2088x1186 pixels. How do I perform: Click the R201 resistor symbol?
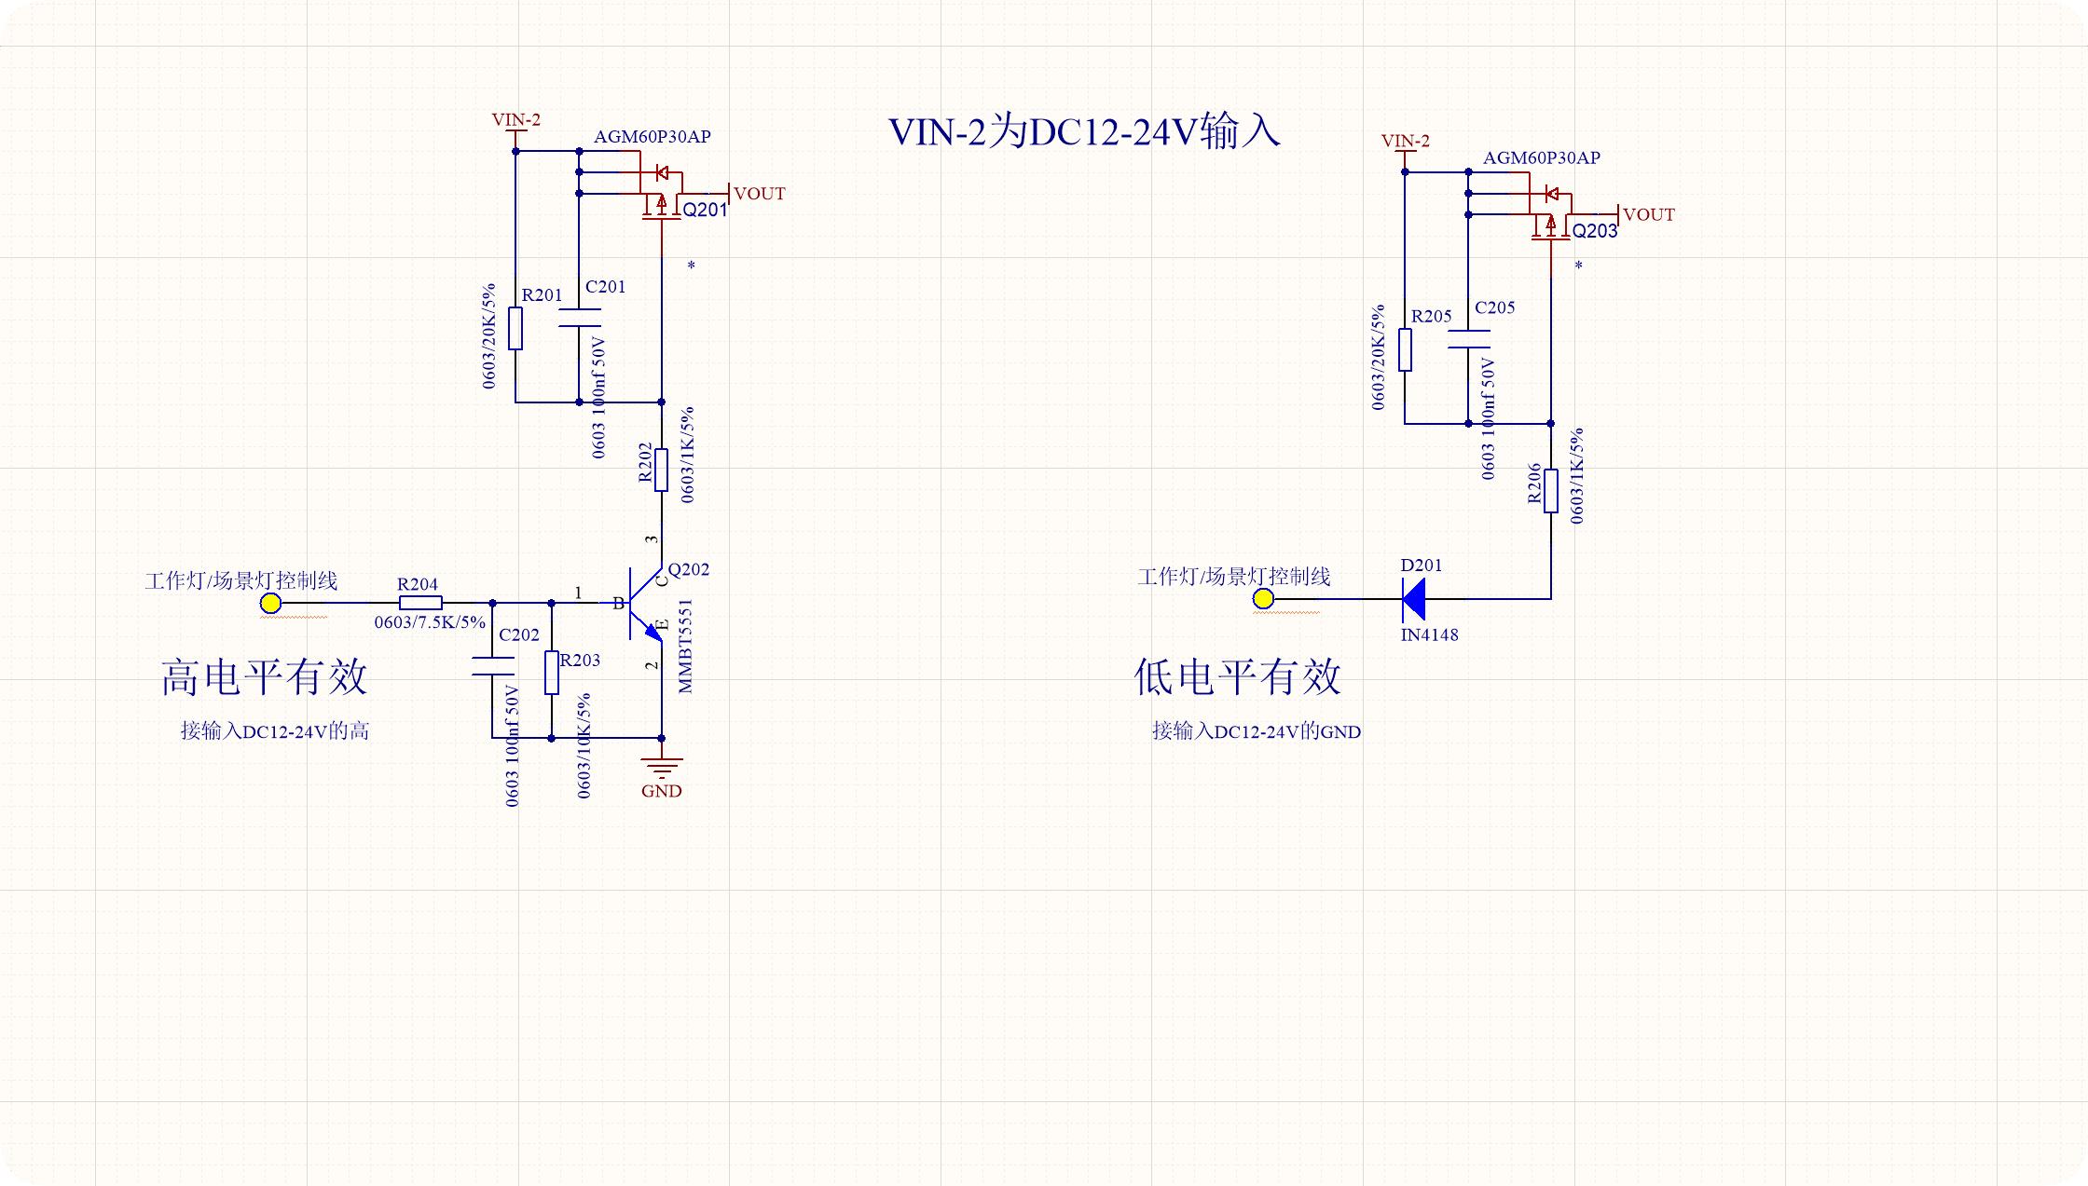pos(515,328)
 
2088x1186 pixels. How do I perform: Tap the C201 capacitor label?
pos(605,287)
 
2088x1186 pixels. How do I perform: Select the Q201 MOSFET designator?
pos(704,211)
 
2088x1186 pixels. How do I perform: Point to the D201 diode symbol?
pos(1414,599)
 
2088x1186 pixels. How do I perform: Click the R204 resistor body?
pos(420,603)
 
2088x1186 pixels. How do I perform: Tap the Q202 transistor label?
pos(688,569)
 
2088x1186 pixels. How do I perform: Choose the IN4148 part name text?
pos(1429,635)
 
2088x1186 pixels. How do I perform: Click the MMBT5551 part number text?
pos(686,647)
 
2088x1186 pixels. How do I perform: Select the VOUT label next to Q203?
pos(1648,215)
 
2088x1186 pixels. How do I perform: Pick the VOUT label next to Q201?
pos(759,194)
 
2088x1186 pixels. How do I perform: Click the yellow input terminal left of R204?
pos(270,604)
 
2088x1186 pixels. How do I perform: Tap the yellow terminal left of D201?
pos(1263,599)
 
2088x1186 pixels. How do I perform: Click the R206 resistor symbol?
pos(1551,491)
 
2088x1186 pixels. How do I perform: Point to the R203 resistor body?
pos(552,673)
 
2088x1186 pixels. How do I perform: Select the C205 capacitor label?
pos(1494,307)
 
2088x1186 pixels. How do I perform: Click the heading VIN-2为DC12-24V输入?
pos(1084,131)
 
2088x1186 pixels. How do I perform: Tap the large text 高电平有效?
pos(265,677)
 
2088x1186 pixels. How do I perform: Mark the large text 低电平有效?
pos(1237,677)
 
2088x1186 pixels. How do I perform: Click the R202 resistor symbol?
pos(662,470)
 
